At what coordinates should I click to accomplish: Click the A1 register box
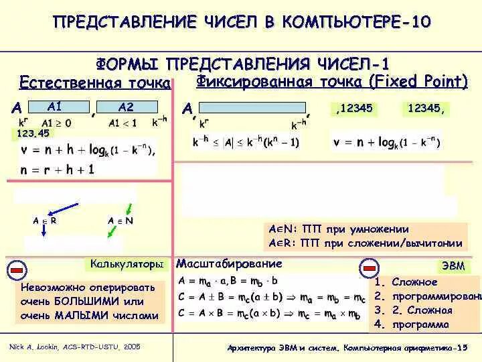[56, 107]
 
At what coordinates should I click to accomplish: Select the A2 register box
[126, 107]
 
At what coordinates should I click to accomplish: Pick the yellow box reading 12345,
[426, 109]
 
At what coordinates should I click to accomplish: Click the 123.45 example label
[33, 133]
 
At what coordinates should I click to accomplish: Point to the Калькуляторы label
[127, 265]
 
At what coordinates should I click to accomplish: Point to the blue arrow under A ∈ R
[43, 229]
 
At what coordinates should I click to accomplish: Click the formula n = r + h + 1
[58, 170]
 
